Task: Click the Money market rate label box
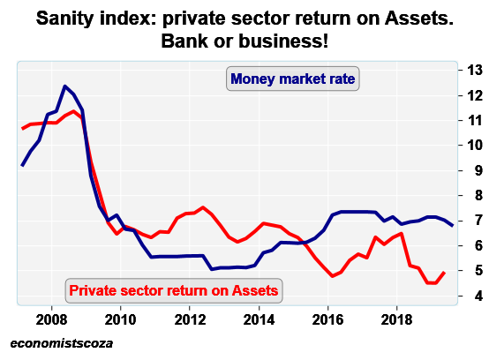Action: click(x=292, y=79)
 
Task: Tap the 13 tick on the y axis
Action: click(x=474, y=70)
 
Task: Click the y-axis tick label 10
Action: click(x=474, y=145)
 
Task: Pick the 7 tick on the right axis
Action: click(x=474, y=221)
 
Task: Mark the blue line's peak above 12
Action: click(x=65, y=86)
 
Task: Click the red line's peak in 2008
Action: click(x=74, y=111)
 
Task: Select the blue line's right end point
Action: click(x=453, y=226)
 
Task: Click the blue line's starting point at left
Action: click(x=23, y=165)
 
